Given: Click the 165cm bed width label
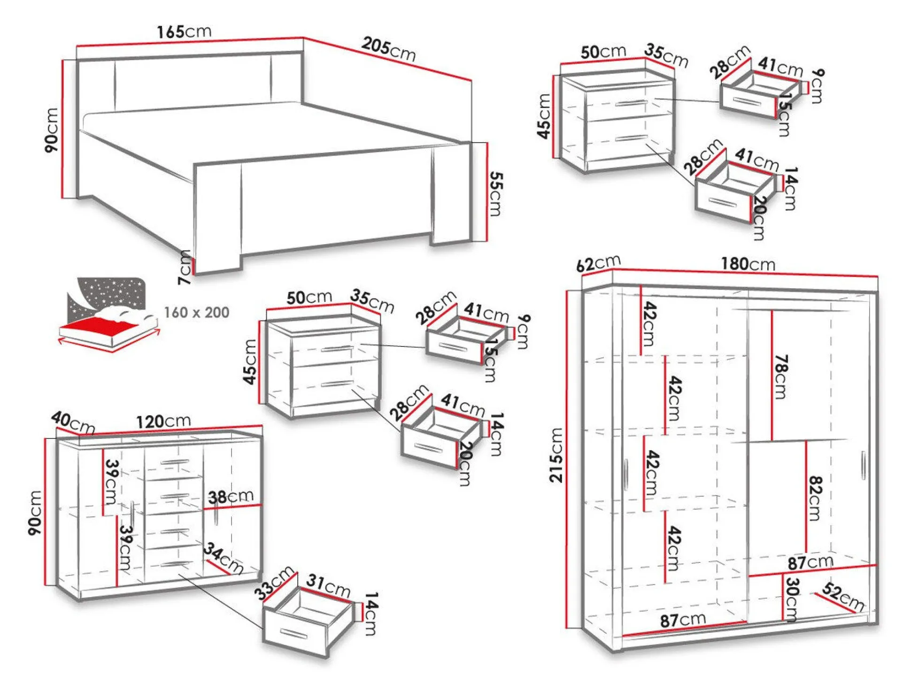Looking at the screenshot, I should (x=184, y=32).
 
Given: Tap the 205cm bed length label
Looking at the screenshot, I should (x=389, y=49).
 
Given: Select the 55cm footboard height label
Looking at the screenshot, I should (x=495, y=193).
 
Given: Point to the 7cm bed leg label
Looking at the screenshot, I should (x=185, y=268).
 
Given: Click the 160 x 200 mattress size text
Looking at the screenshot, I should (x=196, y=313).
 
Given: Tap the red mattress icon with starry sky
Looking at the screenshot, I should (x=108, y=312).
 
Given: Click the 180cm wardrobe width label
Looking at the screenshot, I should (x=748, y=264).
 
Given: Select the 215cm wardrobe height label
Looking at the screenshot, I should (x=556, y=455).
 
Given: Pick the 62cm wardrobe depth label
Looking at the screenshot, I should (x=598, y=264).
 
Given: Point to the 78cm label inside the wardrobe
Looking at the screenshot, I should (x=780, y=376).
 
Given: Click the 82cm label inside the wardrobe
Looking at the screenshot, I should (x=815, y=499).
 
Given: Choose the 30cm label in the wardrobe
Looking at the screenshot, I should (x=792, y=599).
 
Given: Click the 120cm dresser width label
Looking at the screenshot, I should (x=163, y=421).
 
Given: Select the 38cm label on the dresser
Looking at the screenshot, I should (x=231, y=497).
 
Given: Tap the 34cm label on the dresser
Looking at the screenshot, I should (x=224, y=558).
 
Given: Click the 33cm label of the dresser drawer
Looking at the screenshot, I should (x=274, y=583).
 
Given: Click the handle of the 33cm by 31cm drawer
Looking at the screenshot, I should (x=293, y=633).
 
